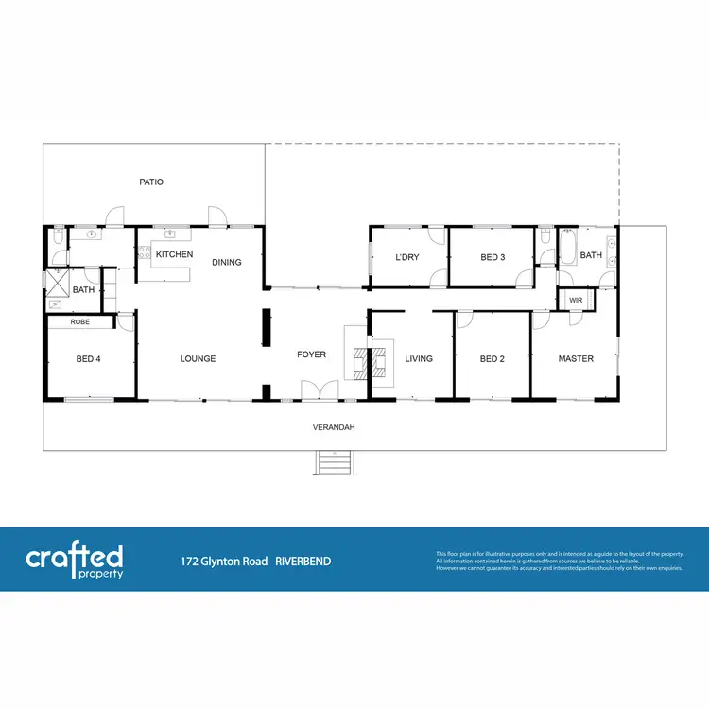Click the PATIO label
(151, 182)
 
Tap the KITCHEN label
(174, 254)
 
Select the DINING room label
(227, 262)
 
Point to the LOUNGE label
(198, 358)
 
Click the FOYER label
(311, 354)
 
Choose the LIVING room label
(419, 358)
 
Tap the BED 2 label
(493, 358)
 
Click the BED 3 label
(493, 257)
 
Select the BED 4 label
(89, 358)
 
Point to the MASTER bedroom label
(576, 358)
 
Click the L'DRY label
(407, 257)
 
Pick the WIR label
(576, 301)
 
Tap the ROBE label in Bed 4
(80, 321)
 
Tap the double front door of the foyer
(312, 390)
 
